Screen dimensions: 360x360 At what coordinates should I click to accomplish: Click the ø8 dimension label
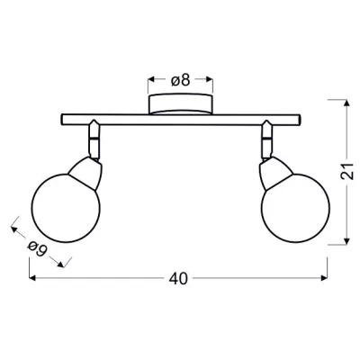click(180, 79)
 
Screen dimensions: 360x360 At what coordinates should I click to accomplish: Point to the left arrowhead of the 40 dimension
click(33, 278)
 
